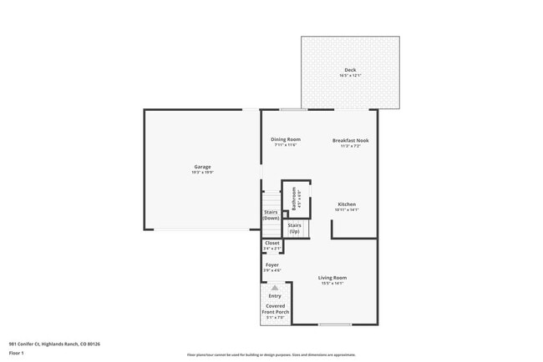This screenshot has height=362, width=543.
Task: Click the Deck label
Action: point(349,69)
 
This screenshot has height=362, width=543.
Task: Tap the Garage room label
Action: point(202,166)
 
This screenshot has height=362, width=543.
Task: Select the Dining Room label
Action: point(286,139)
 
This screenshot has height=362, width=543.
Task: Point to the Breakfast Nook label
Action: point(350,140)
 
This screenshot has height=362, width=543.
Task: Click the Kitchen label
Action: point(347,204)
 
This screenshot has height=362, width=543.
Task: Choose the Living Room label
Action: point(332,278)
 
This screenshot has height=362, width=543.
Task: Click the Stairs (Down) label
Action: point(271,215)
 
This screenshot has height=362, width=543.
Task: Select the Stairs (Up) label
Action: point(295,228)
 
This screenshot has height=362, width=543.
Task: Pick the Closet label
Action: point(272,243)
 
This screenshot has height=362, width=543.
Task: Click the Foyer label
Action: point(272,265)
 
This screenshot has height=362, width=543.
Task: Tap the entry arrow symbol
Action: point(275,288)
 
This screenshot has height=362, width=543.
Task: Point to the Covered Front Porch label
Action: point(275,309)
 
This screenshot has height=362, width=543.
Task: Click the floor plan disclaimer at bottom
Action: point(271,354)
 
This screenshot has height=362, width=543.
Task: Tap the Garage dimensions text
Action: point(202,173)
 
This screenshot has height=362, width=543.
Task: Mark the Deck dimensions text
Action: point(349,76)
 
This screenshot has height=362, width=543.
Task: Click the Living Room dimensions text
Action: point(332,284)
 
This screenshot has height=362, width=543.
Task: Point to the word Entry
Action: point(275,296)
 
